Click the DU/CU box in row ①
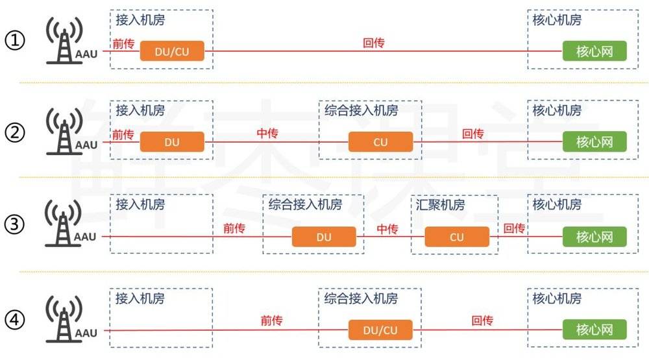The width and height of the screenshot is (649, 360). (x=172, y=51)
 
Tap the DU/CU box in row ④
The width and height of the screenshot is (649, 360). (x=380, y=330)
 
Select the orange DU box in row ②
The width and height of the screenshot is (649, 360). (x=172, y=142)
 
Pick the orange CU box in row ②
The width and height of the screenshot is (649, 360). (x=380, y=142)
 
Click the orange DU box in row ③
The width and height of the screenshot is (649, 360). (x=324, y=237)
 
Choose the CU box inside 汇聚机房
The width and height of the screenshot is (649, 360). (x=457, y=237)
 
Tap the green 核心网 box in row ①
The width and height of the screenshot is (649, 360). (x=594, y=51)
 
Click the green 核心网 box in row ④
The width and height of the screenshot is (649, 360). (x=594, y=330)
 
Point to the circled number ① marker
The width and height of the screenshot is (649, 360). (x=15, y=41)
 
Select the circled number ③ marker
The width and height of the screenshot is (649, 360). (x=15, y=224)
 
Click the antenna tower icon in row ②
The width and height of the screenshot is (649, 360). (x=64, y=131)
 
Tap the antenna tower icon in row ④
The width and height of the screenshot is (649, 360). (x=64, y=319)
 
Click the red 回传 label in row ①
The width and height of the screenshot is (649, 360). (x=373, y=43)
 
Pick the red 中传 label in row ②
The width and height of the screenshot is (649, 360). (x=267, y=133)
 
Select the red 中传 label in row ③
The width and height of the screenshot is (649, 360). (x=387, y=229)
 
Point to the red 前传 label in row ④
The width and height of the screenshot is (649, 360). (x=271, y=320)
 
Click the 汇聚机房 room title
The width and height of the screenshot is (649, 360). (x=441, y=204)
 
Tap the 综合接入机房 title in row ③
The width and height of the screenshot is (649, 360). (x=305, y=204)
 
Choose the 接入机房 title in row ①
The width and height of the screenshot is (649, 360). (x=140, y=19)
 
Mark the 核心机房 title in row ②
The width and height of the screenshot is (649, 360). (x=557, y=110)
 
